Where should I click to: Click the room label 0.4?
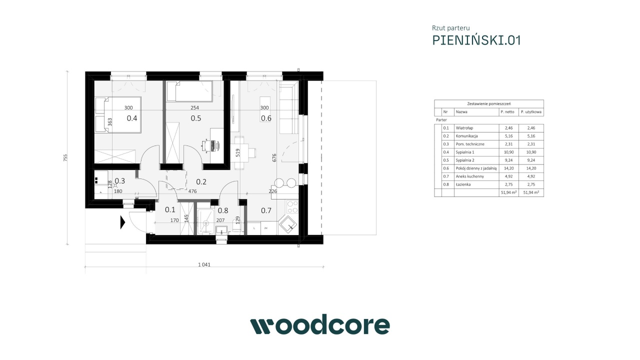(x=132, y=118)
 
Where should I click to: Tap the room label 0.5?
(x=196, y=118)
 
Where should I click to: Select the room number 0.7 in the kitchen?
(x=266, y=210)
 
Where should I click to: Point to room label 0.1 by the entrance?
(x=170, y=209)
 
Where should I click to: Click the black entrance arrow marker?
(x=123, y=222)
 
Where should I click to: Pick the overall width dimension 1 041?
(x=204, y=264)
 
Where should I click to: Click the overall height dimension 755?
(x=65, y=157)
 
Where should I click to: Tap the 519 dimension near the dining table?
(x=237, y=152)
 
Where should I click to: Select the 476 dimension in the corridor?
(x=192, y=191)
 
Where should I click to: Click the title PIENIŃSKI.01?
(x=476, y=40)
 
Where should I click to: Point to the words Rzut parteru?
(x=451, y=28)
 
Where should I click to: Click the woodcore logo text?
(x=320, y=324)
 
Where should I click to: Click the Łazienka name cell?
(x=463, y=184)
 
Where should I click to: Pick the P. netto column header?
(x=507, y=111)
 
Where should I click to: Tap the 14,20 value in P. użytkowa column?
(x=531, y=168)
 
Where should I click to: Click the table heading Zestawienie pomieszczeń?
(x=489, y=103)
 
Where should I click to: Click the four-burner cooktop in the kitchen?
(x=292, y=207)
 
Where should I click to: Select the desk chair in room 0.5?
(x=205, y=145)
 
